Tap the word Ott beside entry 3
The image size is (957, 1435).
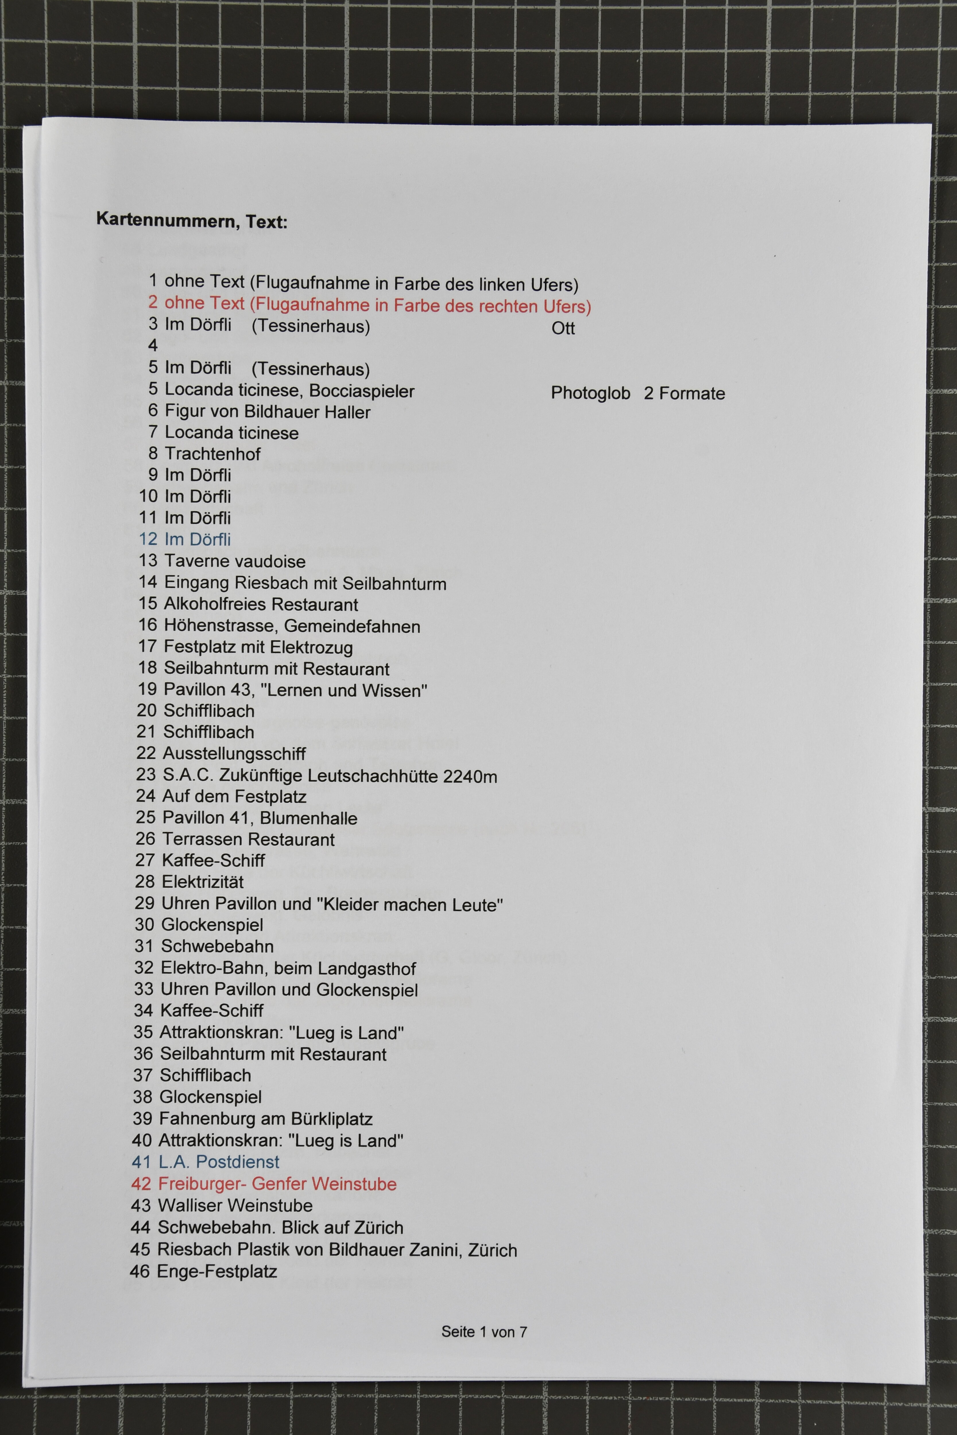click(x=563, y=328)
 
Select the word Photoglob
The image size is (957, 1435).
click(x=590, y=393)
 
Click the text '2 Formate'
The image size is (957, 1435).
click(x=684, y=393)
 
